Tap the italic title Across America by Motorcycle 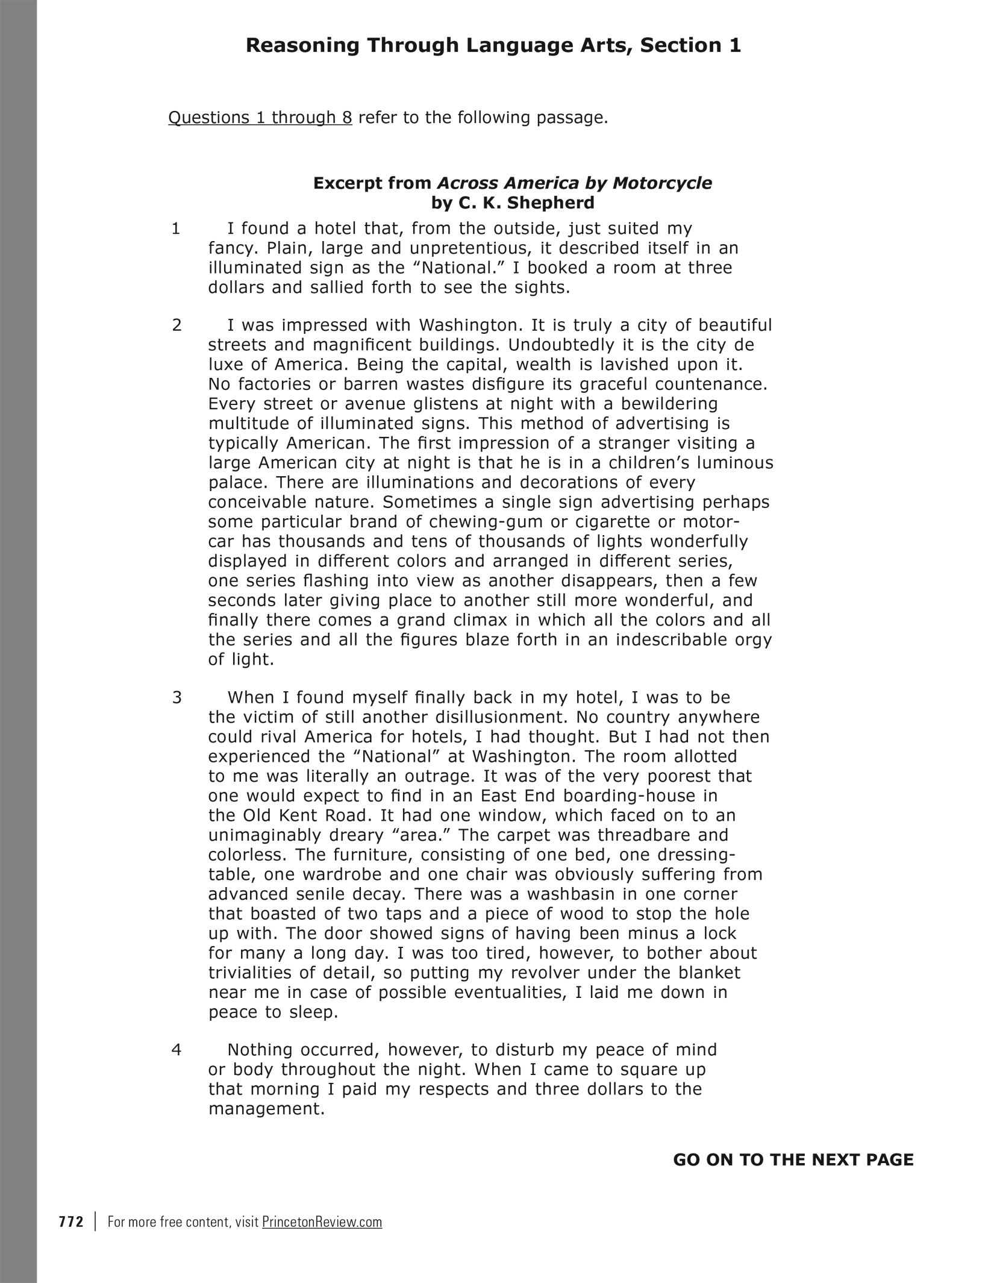574,183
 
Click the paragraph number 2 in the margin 177,325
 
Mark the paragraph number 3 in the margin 177,698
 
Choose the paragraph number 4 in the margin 177,1050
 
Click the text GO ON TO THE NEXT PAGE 793,1159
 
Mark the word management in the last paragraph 266,1109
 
